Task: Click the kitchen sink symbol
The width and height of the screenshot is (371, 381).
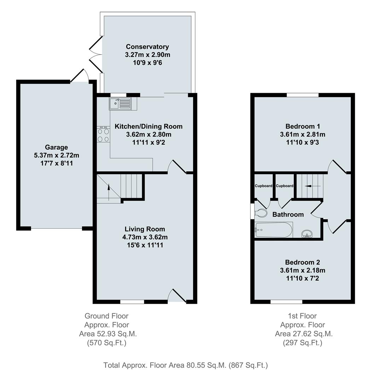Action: [120, 103]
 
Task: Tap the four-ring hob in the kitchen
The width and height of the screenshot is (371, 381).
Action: [103, 134]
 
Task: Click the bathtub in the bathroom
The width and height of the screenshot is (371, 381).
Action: [273, 230]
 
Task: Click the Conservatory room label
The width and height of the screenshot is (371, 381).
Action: [147, 47]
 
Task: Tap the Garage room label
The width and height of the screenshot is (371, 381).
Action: [56, 147]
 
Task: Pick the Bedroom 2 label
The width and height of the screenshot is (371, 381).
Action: [303, 262]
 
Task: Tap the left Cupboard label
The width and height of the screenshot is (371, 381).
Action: [264, 186]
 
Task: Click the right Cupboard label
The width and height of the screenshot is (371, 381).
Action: [285, 186]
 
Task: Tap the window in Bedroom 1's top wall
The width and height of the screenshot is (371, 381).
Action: [302, 95]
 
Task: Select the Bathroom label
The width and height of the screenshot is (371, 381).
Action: [288, 214]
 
